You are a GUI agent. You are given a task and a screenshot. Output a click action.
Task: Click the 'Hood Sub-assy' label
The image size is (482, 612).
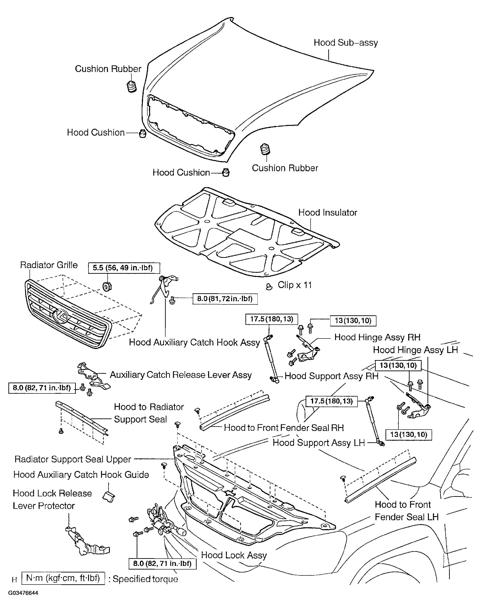pos(346,43)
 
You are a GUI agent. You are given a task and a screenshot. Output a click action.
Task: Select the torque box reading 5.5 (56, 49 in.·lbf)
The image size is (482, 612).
pos(124,268)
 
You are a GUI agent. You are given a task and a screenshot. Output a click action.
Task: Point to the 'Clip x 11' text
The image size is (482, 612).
pos(295,285)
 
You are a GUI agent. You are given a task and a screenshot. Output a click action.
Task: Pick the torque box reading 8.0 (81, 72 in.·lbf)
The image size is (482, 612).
pos(225,299)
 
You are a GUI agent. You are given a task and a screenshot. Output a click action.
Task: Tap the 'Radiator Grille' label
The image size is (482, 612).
pos(49,265)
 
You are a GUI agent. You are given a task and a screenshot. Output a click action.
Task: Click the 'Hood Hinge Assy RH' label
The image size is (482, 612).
pos(377,337)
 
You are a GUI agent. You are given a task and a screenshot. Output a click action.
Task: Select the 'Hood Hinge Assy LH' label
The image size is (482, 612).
pos(415,350)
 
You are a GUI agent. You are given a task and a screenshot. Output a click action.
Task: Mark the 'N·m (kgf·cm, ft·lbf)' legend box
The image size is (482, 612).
pos(63,578)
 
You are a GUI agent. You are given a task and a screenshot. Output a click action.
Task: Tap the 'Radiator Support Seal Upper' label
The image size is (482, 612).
pos(73,459)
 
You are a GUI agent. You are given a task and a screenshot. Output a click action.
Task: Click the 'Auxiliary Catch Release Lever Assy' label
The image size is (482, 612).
pos(181,375)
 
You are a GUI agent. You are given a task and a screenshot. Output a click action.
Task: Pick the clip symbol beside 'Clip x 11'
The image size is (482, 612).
pos(269,287)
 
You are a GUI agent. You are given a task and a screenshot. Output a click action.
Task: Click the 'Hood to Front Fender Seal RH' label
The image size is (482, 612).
pos(284,428)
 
